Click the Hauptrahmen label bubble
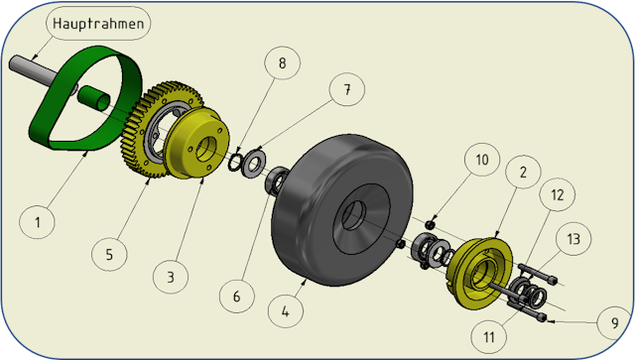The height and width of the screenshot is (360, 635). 98,23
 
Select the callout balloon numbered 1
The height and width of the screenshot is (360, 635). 37,222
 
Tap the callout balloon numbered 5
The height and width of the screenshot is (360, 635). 109,254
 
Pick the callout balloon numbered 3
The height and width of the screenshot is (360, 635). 171,277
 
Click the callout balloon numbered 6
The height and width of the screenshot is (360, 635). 237,296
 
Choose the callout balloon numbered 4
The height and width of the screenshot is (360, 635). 286,311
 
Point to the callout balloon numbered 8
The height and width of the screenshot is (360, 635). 282,62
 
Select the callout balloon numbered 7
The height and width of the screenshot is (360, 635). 347,89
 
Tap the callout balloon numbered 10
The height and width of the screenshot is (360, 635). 482,159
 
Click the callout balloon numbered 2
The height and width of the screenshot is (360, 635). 523,172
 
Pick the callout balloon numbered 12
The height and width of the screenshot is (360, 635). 558,194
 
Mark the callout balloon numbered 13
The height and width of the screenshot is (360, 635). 573,238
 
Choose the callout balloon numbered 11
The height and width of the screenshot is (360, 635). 489,336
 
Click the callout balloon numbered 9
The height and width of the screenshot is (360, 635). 615,322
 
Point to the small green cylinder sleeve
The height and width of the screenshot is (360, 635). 93,97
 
